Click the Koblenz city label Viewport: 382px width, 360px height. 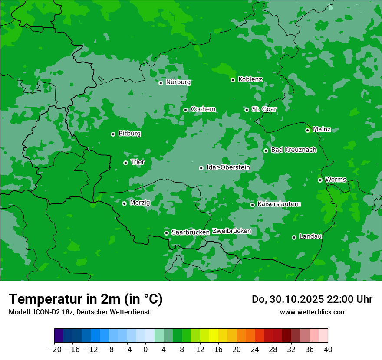pos(250,79)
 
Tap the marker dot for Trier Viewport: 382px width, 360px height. pos(125,163)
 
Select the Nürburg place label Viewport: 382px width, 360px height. pos(178,82)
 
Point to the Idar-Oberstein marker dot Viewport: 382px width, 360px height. pos(201,168)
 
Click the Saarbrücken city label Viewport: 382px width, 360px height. pos(191,232)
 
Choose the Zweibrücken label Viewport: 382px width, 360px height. pos(231,231)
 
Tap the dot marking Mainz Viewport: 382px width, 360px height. pos(307,130)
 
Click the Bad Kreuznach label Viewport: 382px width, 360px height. pos(293,150)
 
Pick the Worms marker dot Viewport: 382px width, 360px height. pos(320,180)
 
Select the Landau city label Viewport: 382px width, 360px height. pos(310,237)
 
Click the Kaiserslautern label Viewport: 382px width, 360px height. pos(279,204)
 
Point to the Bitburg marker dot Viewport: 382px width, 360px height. pos(113,134)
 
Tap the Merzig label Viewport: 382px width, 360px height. pos(140,203)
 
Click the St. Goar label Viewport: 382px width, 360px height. pos(264,109)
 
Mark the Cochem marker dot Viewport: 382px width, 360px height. pos(185,110)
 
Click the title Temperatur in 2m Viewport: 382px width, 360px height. pos(86,299)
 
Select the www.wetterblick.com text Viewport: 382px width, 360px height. pos(313,312)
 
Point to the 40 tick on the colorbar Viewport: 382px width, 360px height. pos(328,350)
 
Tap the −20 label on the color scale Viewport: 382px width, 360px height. pos(54,350)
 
